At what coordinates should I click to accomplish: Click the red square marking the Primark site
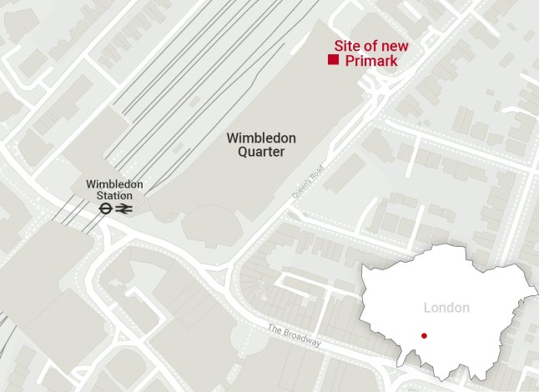pos(333,61)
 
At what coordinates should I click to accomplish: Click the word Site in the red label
pos(346,46)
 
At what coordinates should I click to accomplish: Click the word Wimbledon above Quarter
pos(261,138)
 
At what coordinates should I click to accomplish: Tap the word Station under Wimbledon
pos(114,195)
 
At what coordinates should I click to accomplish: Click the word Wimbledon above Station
pos(114,184)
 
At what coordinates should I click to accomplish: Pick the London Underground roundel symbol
pos(105,209)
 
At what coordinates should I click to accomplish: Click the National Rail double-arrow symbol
pos(123,209)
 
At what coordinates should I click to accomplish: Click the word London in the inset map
pos(446,308)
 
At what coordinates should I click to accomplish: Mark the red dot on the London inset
pos(424,336)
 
